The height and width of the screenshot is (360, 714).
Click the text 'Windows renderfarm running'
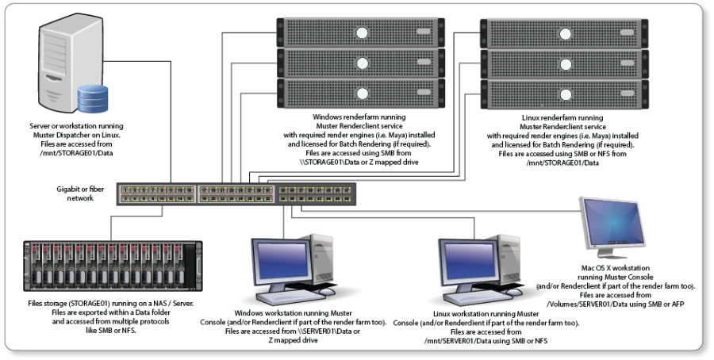click(362, 116)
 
